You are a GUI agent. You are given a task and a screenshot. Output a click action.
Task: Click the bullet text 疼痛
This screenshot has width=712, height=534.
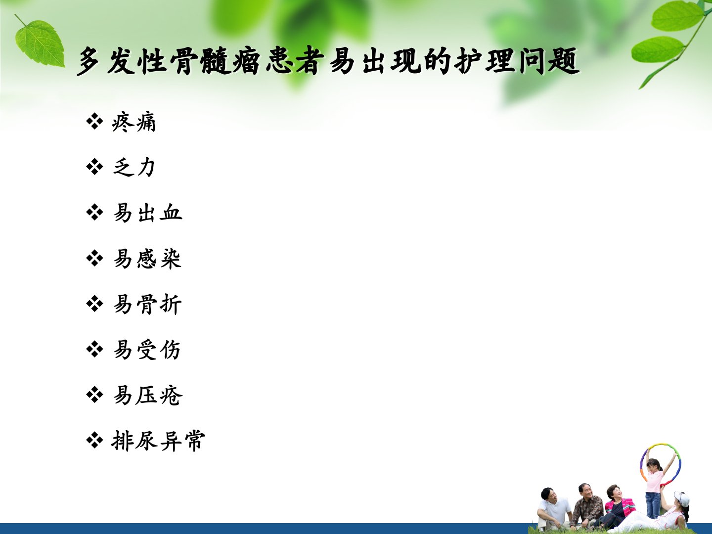[133, 122]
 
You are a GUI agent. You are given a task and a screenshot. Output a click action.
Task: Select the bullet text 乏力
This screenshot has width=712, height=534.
[133, 167]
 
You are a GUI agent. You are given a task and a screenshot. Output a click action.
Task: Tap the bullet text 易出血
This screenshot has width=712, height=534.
[147, 213]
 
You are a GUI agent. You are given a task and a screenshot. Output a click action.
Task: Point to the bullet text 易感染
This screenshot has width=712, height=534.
[147, 259]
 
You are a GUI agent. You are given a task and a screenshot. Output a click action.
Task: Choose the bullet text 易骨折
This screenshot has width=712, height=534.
[147, 304]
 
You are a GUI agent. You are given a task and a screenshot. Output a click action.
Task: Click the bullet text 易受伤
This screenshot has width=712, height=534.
[147, 350]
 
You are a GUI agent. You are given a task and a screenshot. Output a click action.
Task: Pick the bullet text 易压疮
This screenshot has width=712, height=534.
[147, 395]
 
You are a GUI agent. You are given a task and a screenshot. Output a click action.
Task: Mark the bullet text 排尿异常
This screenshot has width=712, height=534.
[158, 441]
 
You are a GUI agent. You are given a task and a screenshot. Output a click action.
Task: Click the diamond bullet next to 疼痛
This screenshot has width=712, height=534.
[94, 122]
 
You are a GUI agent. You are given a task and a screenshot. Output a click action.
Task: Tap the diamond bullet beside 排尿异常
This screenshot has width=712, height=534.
[94, 440]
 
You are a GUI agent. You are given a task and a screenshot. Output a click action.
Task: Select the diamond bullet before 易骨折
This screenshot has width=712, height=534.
[94, 304]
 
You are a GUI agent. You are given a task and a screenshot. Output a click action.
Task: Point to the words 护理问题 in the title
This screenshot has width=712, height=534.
[516, 61]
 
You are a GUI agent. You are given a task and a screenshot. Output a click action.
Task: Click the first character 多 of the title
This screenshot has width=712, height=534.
[89, 62]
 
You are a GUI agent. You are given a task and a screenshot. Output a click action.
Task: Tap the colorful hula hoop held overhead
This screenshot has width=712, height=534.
[660, 464]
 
